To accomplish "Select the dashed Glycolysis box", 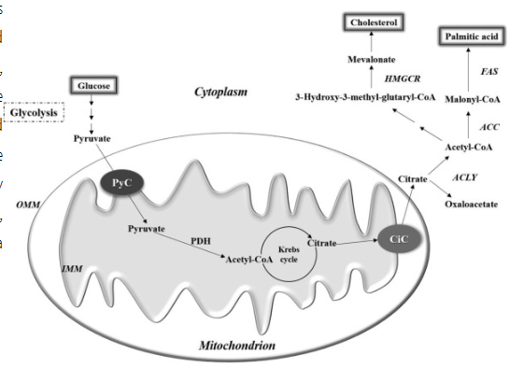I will pyautogui.click(x=34, y=113).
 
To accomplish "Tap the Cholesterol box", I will pyautogui.click(x=374, y=21).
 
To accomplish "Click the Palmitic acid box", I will pyautogui.click(x=470, y=37).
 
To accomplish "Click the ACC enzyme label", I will pyautogui.click(x=488, y=123).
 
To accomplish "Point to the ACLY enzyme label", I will pyautogui.click(x=465, y=174).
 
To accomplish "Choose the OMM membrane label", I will pyautogui.click(x=27, y=203).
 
